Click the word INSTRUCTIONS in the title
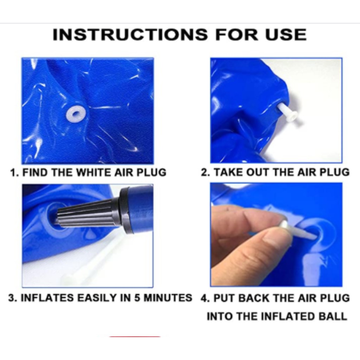[x=130, y=35]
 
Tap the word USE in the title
[x=285, y=35]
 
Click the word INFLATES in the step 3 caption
[x=47, y=298]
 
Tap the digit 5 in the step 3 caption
[x=137, y=298]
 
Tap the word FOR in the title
[x=237, y=35]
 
